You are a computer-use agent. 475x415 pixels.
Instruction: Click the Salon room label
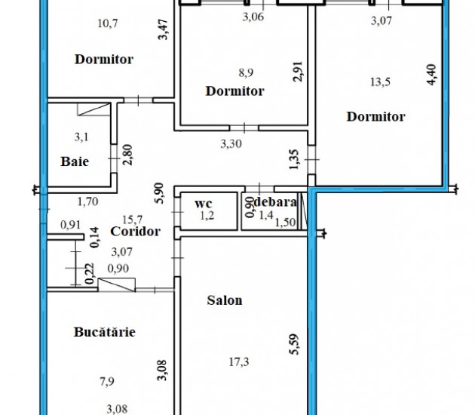(225, 300)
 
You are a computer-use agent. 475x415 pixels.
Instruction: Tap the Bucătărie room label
(105, 332)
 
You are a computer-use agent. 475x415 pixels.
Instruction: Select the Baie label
(75, 161)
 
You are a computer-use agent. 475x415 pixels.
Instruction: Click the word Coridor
(135, 232)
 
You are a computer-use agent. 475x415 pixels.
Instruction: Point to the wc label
(204, 204)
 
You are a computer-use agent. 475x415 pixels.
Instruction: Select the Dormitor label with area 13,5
(376, 117)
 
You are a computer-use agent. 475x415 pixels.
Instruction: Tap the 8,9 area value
(246, 72)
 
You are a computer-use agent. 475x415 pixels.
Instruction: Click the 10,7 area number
(108, 23)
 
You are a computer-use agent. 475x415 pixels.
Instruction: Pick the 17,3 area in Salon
(239, 361)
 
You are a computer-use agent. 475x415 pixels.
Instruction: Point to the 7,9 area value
(107, 381)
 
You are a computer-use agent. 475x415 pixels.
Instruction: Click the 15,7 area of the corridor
(133, 219)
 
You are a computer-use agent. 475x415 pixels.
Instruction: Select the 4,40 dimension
(432, 75)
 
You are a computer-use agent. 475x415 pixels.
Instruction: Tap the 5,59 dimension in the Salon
(294, 344)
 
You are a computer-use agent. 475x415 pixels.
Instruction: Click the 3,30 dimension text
(231, 143)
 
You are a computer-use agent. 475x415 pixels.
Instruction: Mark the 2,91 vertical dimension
(298, 72)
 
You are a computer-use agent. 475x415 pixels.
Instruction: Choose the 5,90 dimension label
(159, 193)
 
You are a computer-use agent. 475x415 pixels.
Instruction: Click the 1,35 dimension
(294, 160)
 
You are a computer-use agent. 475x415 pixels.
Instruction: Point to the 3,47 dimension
(163, 29)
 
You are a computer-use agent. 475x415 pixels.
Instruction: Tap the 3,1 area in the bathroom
(81, 137)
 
